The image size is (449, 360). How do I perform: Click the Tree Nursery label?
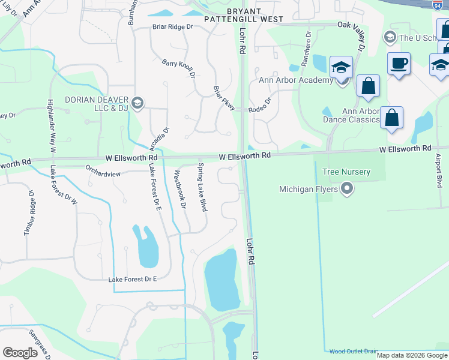346,172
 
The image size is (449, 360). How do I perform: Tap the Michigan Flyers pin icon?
346,190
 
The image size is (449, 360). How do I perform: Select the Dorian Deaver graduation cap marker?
137,102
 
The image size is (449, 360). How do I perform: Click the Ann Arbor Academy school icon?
341,70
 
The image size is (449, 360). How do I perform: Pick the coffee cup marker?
398,64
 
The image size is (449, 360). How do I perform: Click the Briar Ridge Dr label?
172,27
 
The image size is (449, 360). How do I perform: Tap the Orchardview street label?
103,174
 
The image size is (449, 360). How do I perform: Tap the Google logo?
20,353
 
